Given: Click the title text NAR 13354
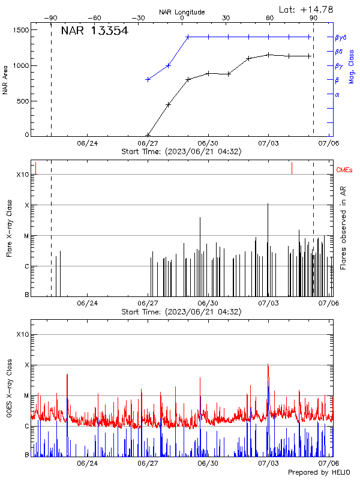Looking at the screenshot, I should click(95, 31).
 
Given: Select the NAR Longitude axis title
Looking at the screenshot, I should click(182, 11).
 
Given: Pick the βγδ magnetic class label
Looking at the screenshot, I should click(340, 37).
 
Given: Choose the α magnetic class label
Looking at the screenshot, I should click(337, 94).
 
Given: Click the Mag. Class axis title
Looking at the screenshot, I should click(352, 66).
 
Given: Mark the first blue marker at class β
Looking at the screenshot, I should click(148, 79).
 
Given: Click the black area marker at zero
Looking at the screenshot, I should click(148, 135).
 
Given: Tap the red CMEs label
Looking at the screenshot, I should click(346, 170).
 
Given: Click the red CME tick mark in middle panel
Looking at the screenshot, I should click(292, 168).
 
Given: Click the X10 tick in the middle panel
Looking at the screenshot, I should click(22, 175).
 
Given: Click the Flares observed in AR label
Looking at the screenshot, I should click(343, 228).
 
